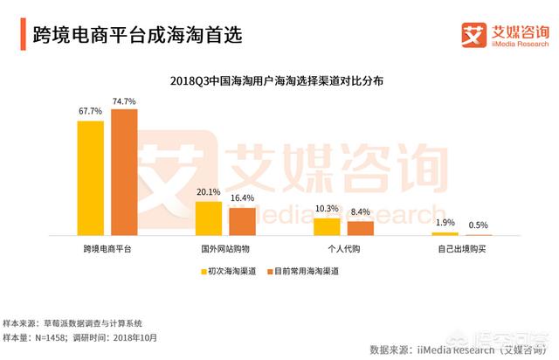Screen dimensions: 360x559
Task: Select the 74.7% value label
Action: pos(123,101)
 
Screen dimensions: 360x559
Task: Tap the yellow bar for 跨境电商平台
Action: pos(90,178)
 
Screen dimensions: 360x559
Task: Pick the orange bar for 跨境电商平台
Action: pos(123,172)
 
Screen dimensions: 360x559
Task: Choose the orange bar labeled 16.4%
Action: pos(242,222)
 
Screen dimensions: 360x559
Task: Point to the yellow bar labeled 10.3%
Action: pos(327,227)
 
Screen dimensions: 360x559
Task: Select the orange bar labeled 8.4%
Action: pos(360,229)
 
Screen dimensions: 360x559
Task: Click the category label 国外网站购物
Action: pos(225,250)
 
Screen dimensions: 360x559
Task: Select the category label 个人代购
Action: pos(343,250)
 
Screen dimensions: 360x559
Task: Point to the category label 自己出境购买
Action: pos(461,250)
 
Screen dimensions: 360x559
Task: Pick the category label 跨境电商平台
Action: pos(107,250)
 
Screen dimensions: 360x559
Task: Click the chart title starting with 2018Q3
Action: pos(279,80)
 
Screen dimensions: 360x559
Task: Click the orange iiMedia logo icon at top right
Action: pos(473,35)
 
